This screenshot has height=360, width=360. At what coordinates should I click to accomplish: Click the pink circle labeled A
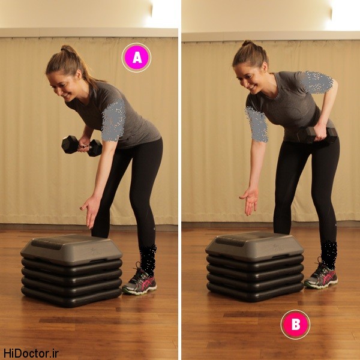(136, 58)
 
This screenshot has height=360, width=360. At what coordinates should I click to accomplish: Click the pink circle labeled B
(295, 325)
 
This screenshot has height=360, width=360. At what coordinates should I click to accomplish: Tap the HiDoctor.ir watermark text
(31, 353)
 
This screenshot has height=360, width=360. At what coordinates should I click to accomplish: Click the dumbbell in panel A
(82, 146)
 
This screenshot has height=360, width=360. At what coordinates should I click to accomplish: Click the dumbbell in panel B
(318, 135)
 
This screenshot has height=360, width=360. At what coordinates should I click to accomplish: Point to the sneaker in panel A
(140, 281)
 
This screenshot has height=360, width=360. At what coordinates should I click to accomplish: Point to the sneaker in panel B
(321, 275)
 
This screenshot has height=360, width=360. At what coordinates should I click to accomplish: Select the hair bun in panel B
(248, 43)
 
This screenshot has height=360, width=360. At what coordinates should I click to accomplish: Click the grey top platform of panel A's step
(71, 250)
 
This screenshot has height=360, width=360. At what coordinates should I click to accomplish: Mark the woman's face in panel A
(62, 86)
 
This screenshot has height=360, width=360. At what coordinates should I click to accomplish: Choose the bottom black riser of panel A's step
(71, 298)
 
